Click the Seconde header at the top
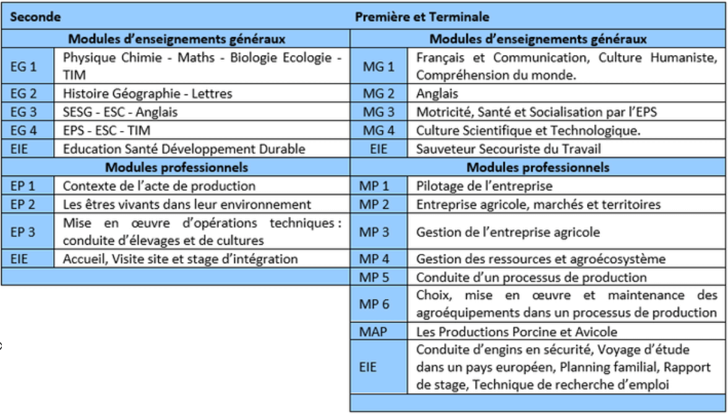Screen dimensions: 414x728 tap(31, 17)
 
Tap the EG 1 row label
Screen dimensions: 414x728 tap(24, 66)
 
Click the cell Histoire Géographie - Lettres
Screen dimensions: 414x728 tap(148, 94)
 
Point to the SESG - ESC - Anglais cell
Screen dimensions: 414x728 tap(121, 112)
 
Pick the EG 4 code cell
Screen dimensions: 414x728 tap(24, 131)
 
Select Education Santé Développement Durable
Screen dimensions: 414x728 tap(184, 149)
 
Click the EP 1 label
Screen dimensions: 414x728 tap(24, 186)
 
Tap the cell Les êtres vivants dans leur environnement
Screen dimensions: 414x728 tap(187, 205)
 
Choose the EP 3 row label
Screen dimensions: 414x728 tap(24, 232)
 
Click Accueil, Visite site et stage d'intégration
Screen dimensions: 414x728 tap(180, 259)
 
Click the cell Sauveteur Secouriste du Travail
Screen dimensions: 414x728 tap(508, 149)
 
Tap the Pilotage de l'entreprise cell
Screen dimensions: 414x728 tap(484, 186)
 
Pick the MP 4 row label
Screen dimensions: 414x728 tap(374, 259)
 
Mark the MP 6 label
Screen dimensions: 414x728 tap(374, 304)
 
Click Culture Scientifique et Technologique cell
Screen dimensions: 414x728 tap(527, 131)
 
